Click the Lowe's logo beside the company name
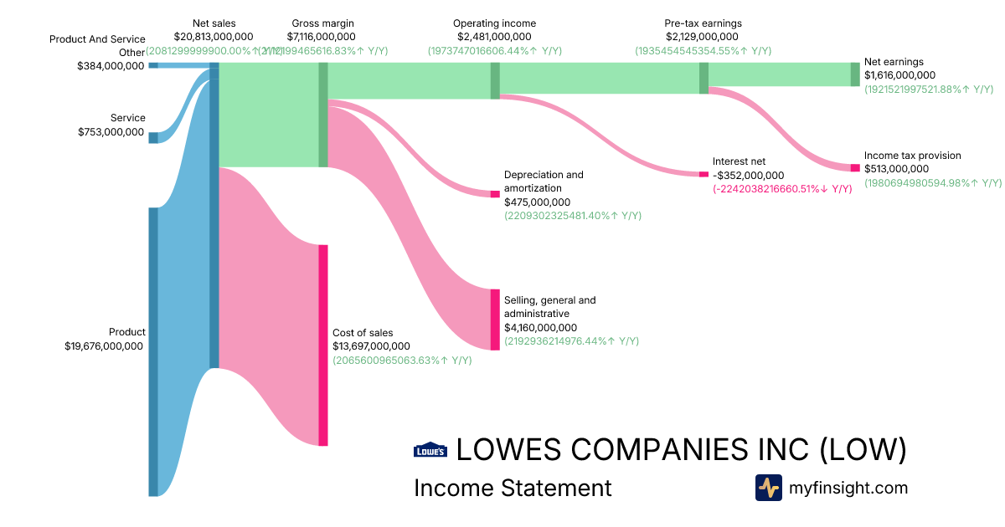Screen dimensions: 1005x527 pos(430,450)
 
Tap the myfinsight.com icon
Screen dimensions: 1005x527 pos(768,488)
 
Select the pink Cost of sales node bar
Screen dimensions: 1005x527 pos(322,345)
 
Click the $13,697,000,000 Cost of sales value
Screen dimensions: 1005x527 pos(371,346)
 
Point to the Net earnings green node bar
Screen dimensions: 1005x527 pos(855,74)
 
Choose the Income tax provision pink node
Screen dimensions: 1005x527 pos(855,168)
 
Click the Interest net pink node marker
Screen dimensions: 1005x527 pos(703,174)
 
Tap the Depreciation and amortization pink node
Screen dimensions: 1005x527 pos(495,194)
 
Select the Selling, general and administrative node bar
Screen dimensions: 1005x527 pos(495,319)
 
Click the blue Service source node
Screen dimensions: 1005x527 pos(153,138)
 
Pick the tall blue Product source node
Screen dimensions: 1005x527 pos(153,351)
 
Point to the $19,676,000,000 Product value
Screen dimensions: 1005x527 pos(104,345)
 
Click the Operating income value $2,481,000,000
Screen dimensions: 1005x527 pos(494,37)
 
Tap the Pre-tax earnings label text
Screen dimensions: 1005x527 pos(703,23)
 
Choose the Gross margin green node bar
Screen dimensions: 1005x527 pos(322,115)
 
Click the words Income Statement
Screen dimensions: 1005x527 pos(513,488)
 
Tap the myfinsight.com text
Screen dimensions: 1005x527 pos(848,488)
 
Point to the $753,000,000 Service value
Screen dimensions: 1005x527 pos(111,132)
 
